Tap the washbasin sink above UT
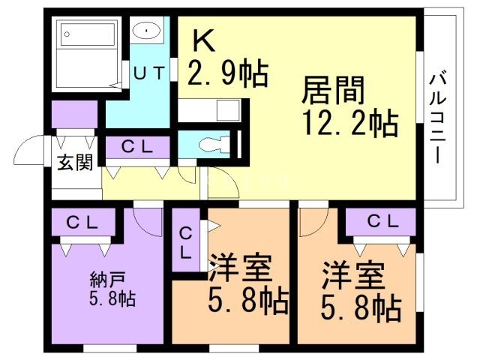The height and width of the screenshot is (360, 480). point(145,31)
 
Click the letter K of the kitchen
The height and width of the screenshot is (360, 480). point(205,40)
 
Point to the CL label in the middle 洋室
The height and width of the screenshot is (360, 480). point(184,241)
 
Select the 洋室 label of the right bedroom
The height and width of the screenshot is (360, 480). point(354,275)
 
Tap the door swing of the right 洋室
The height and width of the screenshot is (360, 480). point(312,219)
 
